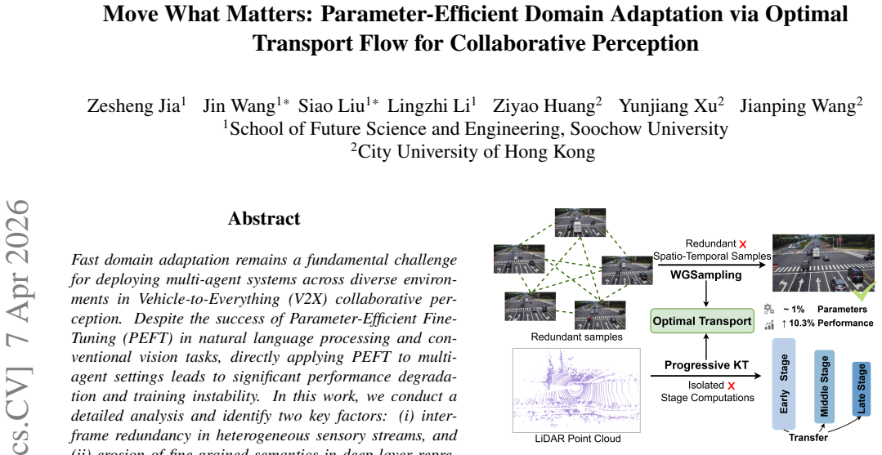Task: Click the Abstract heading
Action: click(x=264, y=218)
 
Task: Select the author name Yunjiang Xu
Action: click(x=669, y=105)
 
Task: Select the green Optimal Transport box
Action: click(x=702, y=321)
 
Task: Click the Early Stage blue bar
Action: click(x=784, y=384)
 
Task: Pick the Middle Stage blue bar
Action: click(x=824, y=386)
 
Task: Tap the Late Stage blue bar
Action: click(x=862, y=389)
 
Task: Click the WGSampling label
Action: click(x=706, y=275)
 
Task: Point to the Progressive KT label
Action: click(x=706, y=365)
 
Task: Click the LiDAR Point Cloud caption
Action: click(x=576, y=439)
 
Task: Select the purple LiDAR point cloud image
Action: click(x=576, y=390)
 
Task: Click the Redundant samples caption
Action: click(x=576, y=337)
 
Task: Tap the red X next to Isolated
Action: click(x=732, y=386)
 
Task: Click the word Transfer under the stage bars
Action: click(x=808, y=438)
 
